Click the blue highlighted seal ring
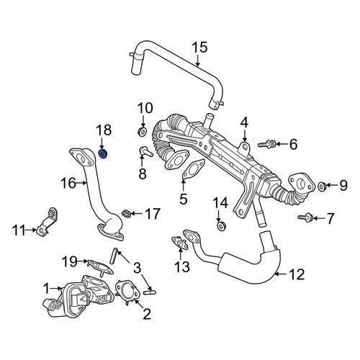pos(104,154)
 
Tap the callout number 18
pos(104,130)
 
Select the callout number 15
pos(200,48)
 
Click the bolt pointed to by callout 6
pos(267,144)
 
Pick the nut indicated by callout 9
pos(322,186)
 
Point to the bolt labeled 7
pos(305,217)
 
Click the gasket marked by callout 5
pos(193,169)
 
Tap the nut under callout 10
pos(143,132)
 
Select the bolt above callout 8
pos(145,152)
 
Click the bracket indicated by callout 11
pos(47,222)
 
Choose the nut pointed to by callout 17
pos(126,213)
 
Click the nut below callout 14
pos(221,226)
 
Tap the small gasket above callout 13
pos(180,243)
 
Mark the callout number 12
pos(297,274)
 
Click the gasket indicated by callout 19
pos(100,266)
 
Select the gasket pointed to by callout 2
pos(127,291)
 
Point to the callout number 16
pos(68,183)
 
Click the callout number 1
pos(47,288)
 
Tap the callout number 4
pos(244,123)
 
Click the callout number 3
pos(137,268)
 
